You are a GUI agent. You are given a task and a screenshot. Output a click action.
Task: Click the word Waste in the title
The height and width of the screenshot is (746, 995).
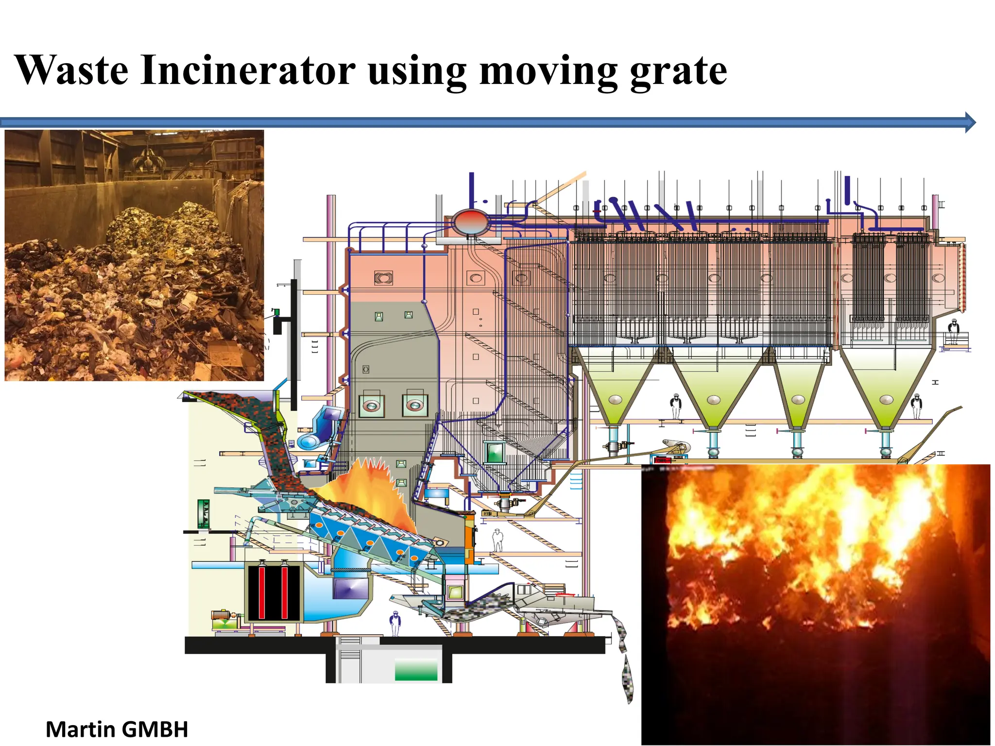[72, 71]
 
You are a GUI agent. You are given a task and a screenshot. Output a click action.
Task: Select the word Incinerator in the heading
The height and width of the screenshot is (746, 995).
[248, 71]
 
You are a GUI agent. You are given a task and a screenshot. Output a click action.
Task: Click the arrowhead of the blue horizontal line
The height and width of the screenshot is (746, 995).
[970, 122]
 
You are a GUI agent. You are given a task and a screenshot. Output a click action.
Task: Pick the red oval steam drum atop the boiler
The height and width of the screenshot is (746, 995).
[470, 222]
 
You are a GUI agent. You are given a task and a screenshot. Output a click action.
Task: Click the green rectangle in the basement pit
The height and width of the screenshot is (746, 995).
[416, 669]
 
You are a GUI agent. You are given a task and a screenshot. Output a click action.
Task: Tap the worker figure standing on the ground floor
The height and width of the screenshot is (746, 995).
[395, 624]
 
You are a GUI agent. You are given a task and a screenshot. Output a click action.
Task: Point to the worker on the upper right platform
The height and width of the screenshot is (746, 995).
[954, 331]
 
